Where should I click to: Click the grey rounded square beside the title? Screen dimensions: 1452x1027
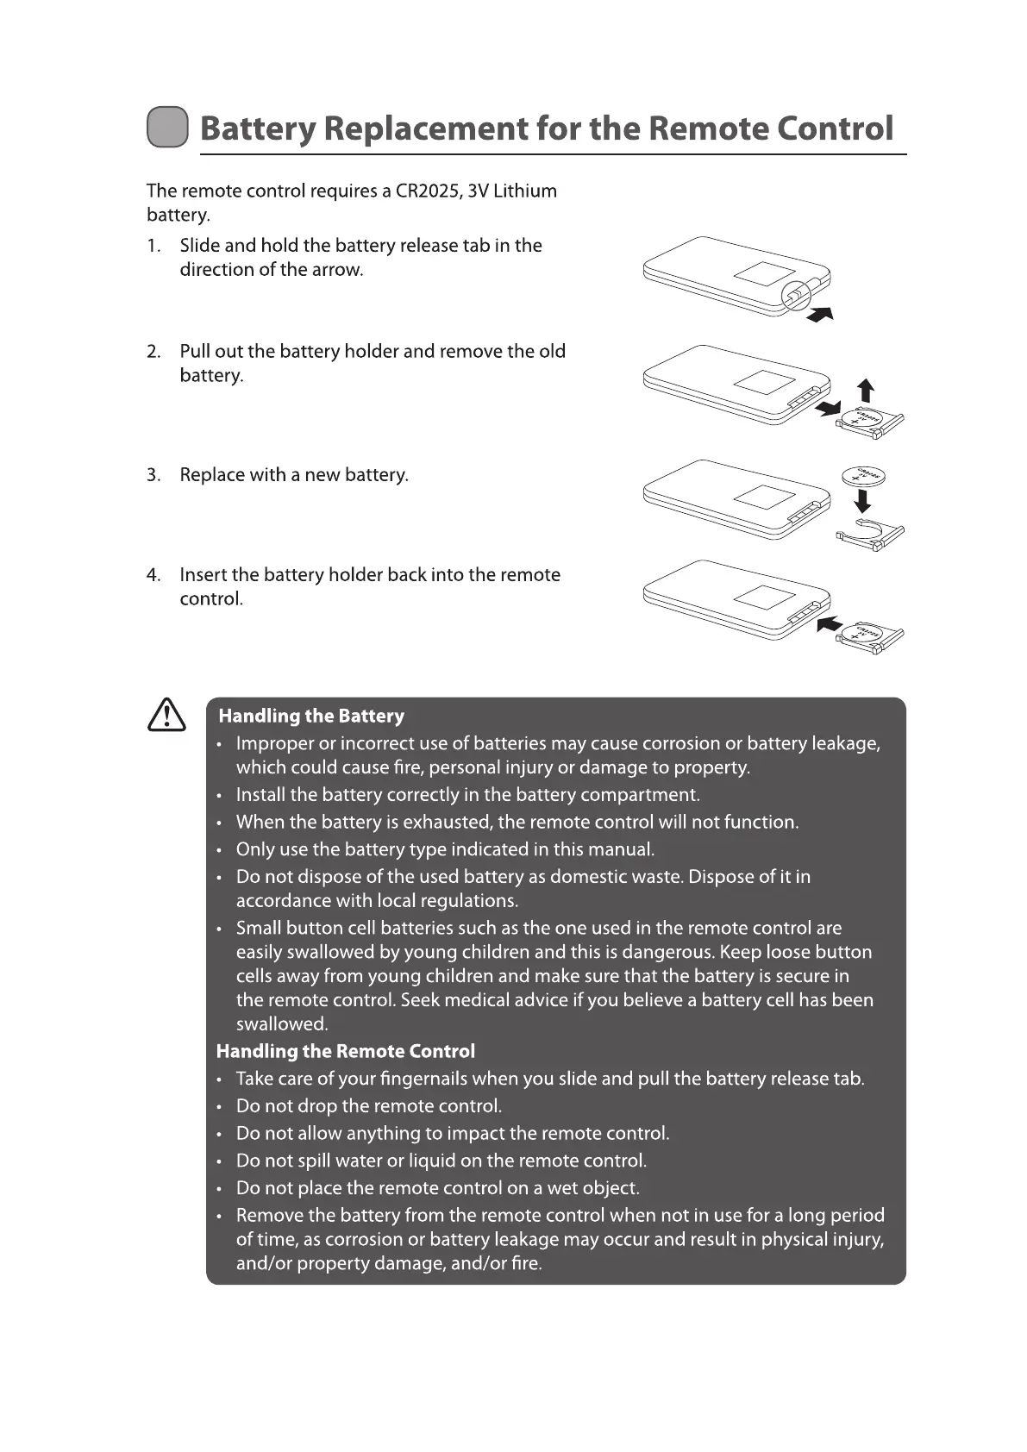click(x=167, y=128)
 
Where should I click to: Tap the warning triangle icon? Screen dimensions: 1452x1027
click(x=166, y=716)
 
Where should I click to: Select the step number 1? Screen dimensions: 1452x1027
click(x=153, y=246)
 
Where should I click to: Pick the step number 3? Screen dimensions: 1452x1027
click(x=153, y=475)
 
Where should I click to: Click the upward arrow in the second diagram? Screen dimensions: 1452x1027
click(x=866, y=390)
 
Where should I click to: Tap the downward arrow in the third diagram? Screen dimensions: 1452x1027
click(x=862, y=500)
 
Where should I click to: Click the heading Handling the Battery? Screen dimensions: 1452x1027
click(x=311, y=717)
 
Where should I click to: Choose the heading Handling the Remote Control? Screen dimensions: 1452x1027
click(x=345, y=1052)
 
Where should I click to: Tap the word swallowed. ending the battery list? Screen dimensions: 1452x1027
click(x=282, y=1024)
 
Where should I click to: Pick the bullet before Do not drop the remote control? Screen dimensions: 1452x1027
click(x=219, y=1107)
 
